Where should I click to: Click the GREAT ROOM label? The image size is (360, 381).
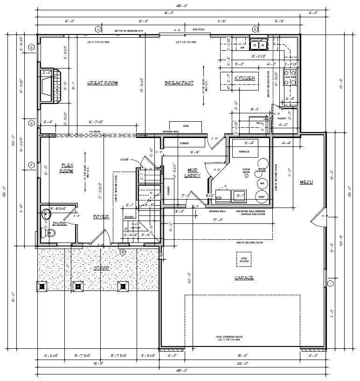coord(102,83)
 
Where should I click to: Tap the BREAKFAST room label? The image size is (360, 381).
coord(179,83)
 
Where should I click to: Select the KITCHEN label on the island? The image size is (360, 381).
coord(244,78)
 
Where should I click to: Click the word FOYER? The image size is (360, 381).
coord(101,217)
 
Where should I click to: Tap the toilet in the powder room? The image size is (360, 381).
coord(46,215)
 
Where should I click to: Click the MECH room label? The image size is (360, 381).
coord(306,181)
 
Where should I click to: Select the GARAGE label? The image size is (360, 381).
coord(244,278)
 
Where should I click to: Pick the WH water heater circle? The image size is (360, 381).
coord(262,183)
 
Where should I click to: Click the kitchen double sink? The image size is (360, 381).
coord(258,45)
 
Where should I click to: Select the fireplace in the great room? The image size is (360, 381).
coord(48,85)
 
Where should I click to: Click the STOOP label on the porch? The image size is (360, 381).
coord(101,269)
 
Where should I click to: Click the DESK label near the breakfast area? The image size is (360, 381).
coord(186,126)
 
